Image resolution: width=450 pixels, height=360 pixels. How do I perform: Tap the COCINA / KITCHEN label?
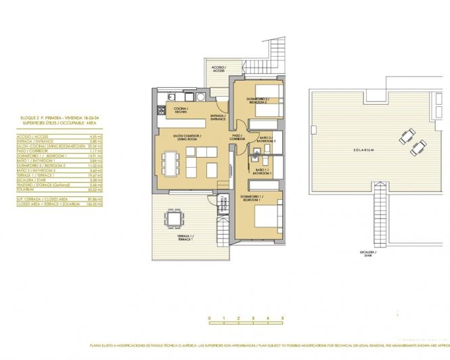point(181,110)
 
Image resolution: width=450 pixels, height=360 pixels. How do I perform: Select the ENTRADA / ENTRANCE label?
point(218,117)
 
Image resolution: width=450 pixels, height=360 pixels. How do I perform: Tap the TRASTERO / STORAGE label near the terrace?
point(223,208)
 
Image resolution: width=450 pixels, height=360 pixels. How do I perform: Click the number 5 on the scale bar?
point(282,318)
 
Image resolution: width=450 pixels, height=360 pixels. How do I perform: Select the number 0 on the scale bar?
point(210,318)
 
